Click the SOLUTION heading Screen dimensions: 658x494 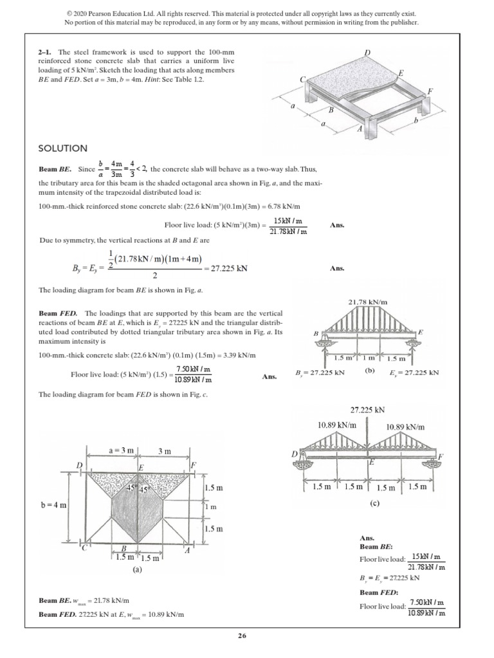(x=62, y=148)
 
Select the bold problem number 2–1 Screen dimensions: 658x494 (x=46, y=52)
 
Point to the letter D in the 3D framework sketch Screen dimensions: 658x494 (x=367, y=51)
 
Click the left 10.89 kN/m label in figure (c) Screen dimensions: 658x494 (x=336, y=425)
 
